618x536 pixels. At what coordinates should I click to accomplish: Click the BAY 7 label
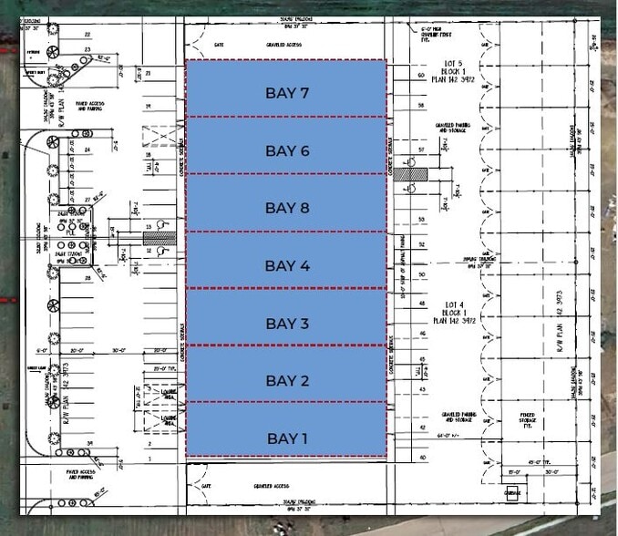(288, 93)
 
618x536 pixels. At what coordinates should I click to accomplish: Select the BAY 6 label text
(288, 150)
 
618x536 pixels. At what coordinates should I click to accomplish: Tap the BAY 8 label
(288, 208)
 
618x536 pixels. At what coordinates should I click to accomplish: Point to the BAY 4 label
(288, 265)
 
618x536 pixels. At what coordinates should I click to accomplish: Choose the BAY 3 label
(288, 324)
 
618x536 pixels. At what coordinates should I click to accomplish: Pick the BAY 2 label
(288, 380)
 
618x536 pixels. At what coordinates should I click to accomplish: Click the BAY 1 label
(288, 438)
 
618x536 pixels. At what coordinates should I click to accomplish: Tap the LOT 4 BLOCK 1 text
(450, 311)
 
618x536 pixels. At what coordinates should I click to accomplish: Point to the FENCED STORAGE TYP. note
(528, 422)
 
